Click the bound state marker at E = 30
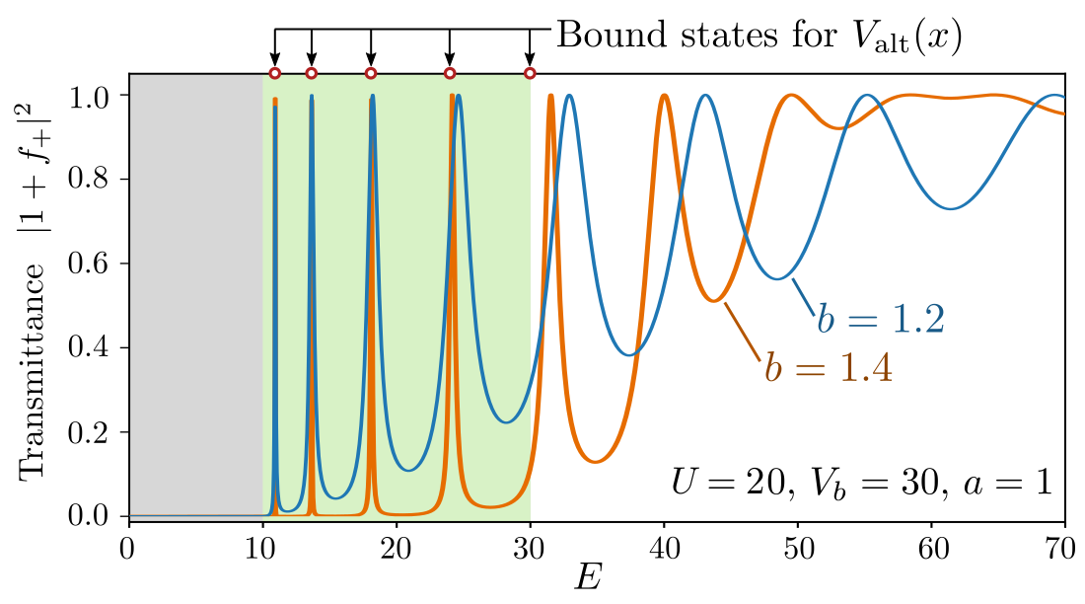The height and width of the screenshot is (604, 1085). click(x=530, y=73)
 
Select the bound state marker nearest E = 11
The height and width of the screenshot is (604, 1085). click(x=275, y=73)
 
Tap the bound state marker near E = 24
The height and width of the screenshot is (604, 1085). click(x=450, y=73)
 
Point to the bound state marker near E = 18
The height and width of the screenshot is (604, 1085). click(x=371, y=73)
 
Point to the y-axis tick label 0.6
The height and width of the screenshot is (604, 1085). click(x=96, y=264)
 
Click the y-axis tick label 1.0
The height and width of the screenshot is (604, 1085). click(x=96, y=96)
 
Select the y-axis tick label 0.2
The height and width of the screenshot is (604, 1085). click(x=96, y=432)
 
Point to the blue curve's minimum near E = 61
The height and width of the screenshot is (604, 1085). click(x=949, y=208)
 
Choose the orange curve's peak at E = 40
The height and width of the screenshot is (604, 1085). click(x=664, y=96)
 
